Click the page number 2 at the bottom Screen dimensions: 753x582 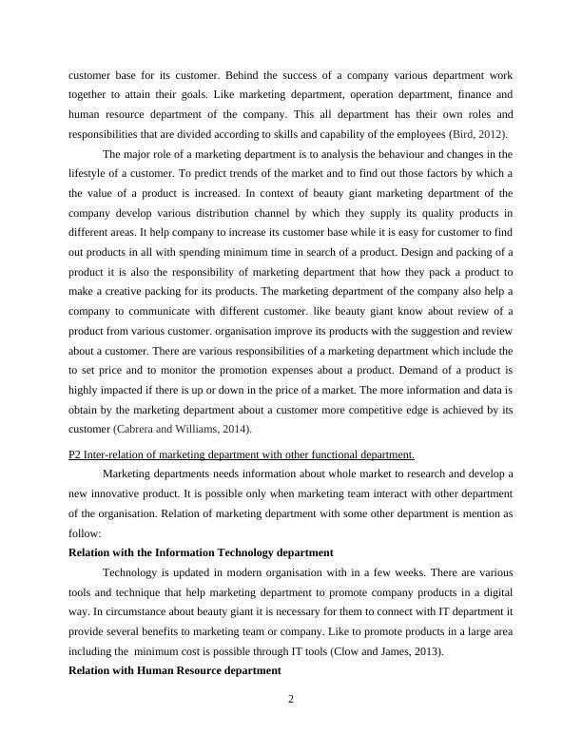point(291,701)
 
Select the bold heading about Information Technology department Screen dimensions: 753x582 point(201,551)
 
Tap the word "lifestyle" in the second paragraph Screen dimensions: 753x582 point(91,172)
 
